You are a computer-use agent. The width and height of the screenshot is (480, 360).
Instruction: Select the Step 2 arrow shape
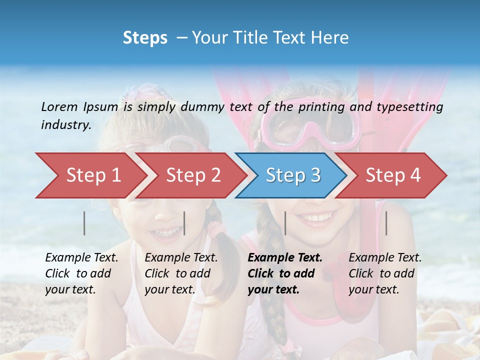[x=192, y=175]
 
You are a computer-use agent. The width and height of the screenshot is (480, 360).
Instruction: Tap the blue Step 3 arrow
[x=292, y=175]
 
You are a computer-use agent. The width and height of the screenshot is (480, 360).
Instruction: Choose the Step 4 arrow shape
[x=393, y=175]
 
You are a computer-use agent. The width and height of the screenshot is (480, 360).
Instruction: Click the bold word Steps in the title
[x=145, y=37]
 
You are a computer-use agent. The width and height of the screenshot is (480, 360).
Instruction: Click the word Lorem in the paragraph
[x=59, y=106]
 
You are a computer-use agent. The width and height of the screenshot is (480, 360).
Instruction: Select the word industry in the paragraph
[x=65, y=125]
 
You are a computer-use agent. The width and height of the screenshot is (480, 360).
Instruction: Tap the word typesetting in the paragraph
[x=409, y=107]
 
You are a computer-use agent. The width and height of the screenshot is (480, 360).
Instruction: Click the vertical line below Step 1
[x=84, y=223]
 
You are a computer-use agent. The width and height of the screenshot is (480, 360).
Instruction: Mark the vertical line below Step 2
[x=184, y=223]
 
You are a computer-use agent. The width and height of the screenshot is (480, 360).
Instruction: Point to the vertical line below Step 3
[x=285, y=223]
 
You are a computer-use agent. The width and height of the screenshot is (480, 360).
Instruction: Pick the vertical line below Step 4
[x=386, y=223]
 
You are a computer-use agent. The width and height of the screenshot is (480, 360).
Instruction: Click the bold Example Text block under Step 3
[x=285, y=273]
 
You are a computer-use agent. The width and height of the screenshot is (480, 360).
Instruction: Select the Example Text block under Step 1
[x=81, y=273]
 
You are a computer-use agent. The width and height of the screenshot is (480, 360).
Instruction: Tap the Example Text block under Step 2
[x=181, y=273]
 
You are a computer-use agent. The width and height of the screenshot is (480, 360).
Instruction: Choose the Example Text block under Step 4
[x=385, y=273]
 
